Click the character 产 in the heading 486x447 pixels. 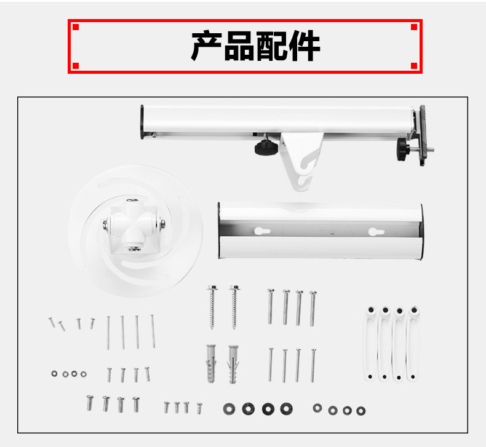pos(206,45)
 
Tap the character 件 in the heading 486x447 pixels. pos(304,45)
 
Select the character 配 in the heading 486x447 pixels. pos(271,45)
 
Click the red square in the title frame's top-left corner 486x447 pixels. pos(76,27)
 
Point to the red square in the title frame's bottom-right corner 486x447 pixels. pos(414,66)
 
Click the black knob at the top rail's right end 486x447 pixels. pos(403,149)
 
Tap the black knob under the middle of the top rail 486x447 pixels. pos(263,147)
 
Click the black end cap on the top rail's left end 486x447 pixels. pos(142,122)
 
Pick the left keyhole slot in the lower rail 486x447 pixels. pos(262,231)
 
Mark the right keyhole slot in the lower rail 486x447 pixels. pos(376,232)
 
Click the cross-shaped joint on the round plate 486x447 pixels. pos(134,224)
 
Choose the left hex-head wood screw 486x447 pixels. pos(213,307)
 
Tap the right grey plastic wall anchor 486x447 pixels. pos(233,364)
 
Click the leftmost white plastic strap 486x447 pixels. pos(371,344)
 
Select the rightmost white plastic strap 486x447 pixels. pos(414,344)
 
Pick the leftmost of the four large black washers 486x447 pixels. pos(229,409)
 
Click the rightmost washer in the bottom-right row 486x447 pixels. pos(361,411)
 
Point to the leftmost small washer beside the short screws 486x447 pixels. pos(54,374)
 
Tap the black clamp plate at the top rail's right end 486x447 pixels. pos(423,135)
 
